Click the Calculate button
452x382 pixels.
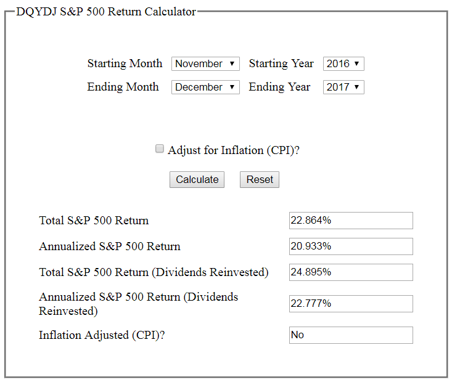coord(197,179)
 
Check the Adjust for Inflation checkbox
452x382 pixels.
coord(160,148)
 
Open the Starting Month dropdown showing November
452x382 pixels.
coord(205,63)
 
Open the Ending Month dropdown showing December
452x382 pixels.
coord(205,87)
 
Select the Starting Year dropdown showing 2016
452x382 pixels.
coord(343,63)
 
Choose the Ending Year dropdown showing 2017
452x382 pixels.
coord(343,87)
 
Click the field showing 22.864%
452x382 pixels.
coord(351,221)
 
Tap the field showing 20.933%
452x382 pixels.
coord(351,246)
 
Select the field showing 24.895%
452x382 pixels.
coord(351,272)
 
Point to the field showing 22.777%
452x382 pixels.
coord(351,304)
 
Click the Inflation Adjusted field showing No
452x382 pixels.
coord(351,335)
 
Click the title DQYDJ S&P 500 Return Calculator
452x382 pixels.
coord(106,12)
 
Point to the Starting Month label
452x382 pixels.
coord(125,63)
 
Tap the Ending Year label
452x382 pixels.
coord(279,87)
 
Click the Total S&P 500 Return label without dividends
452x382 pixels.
coord(94,221)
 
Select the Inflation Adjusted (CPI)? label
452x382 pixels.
coord(102,335)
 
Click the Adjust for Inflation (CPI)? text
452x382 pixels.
coord(234,150)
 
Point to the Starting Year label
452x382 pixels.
coord(281,63)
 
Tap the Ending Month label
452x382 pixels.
coord(123,87)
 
